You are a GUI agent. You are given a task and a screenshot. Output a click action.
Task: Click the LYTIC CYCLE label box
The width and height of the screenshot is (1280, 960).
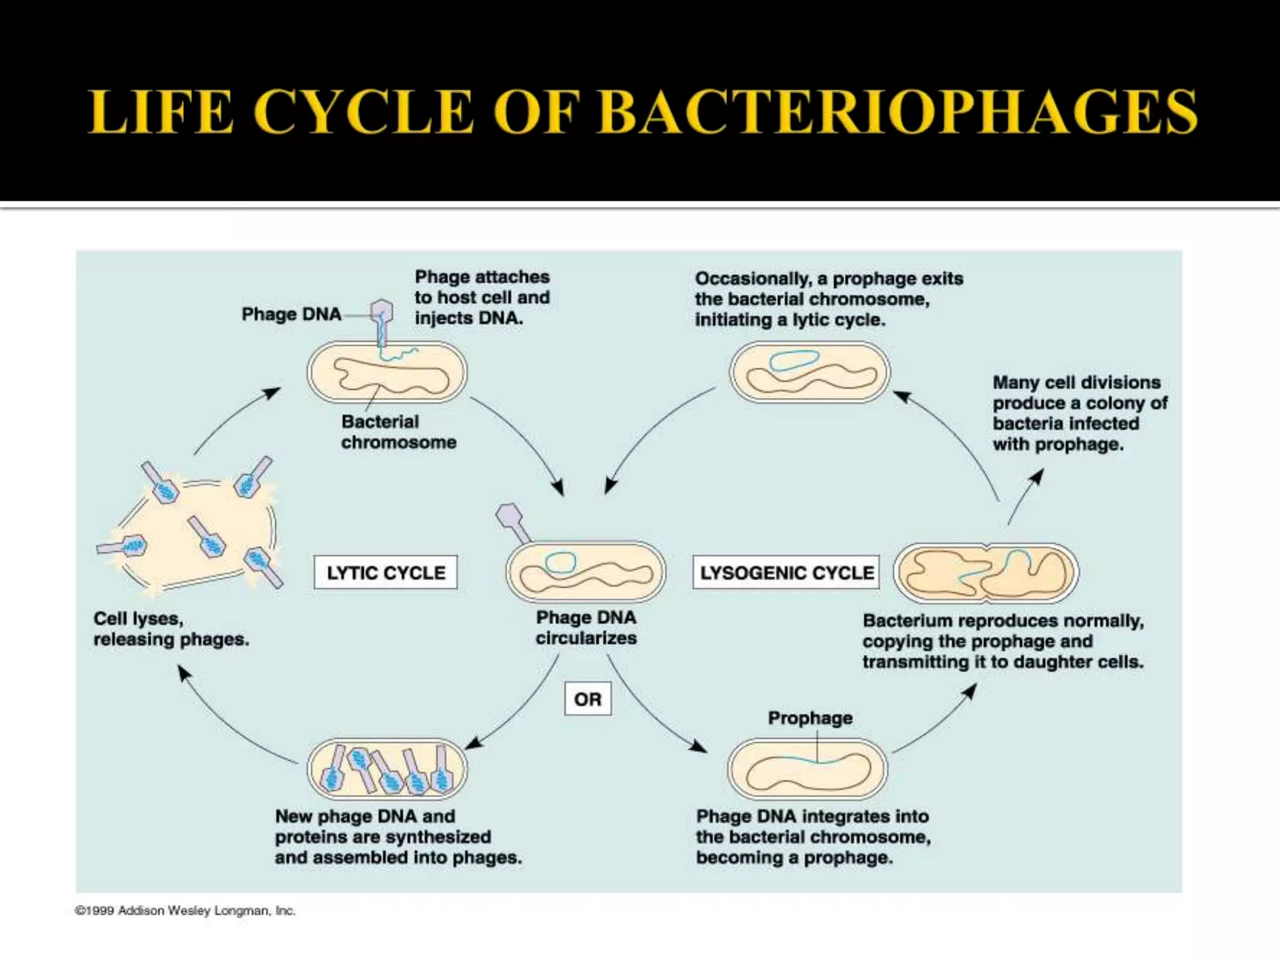tap(386, 572)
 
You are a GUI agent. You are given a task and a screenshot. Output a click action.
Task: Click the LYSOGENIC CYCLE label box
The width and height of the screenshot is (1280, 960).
tap(786, 572)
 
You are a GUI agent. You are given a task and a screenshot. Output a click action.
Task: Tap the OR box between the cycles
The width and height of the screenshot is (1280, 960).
tap(587, 699)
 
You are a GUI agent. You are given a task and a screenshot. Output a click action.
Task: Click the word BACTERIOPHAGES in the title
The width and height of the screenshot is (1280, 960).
tap(897, 112)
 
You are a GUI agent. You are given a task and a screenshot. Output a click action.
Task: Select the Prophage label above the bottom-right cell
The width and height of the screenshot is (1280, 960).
tap(810, 718)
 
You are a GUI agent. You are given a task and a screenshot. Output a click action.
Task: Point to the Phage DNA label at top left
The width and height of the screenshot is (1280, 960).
tap(291, 314)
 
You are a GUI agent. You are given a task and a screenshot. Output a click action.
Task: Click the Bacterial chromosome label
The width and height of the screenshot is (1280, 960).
tap(398, 432)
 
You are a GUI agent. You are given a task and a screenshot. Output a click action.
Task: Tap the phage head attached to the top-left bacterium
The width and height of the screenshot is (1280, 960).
tap(381, 311)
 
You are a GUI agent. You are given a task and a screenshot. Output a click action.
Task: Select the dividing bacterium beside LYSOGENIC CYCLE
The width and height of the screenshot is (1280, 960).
tap(986, 572)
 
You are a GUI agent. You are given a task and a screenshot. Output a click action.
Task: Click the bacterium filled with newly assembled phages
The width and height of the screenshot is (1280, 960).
tap(387, 769)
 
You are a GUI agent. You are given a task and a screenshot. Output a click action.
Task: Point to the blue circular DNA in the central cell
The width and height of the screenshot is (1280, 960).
tap(561, 561)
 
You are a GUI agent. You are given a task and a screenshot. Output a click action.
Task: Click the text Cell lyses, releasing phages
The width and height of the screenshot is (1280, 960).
tap(171, 629)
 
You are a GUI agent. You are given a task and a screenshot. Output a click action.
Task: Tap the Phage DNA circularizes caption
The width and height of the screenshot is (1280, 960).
tap(586, 627)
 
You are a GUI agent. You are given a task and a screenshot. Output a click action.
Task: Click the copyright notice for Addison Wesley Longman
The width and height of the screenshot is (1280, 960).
tap(185, 911)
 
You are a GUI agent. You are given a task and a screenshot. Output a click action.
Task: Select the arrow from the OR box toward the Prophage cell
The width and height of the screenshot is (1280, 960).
tap(650, 706)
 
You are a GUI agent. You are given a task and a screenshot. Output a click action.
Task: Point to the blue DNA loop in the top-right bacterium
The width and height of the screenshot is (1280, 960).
tap(794, 360)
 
